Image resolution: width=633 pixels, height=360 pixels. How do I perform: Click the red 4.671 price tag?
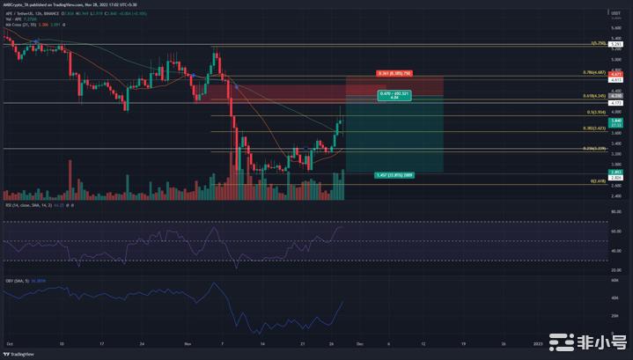[x=618, y=72]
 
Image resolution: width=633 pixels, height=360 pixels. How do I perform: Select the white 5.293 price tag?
[x=618, y=43]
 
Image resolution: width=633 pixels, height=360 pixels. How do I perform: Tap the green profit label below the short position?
[x=394, y=174]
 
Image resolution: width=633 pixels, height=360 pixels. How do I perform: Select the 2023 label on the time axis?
[x=537, y=344]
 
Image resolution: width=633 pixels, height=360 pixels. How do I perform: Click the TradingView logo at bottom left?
[x=22, y=354]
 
